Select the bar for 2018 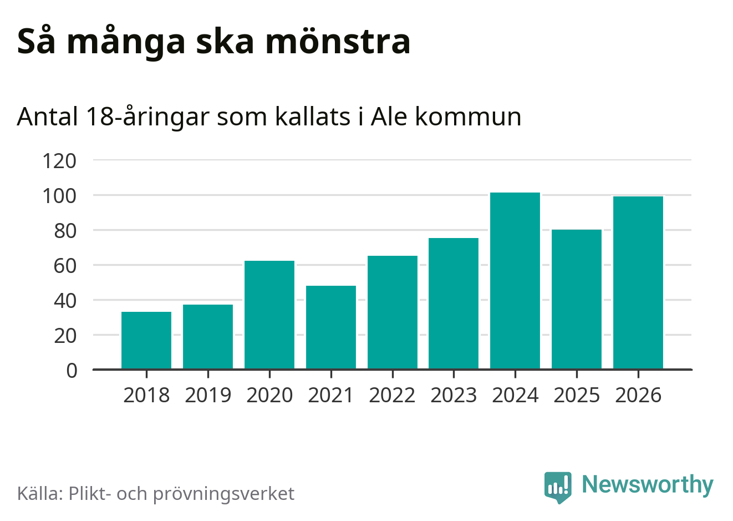146,340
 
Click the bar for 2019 208,337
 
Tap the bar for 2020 269,315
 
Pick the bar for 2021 331,327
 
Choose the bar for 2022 393,312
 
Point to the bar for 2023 454,304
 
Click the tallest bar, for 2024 515,281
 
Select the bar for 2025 577,299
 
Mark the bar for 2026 638,282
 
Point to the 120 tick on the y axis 59,161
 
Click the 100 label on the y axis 59,196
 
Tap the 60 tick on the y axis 65,266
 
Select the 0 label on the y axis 72,371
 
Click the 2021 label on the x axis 331,395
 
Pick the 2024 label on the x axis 515,395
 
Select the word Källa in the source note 40,493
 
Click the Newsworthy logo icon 558,487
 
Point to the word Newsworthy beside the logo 648,485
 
